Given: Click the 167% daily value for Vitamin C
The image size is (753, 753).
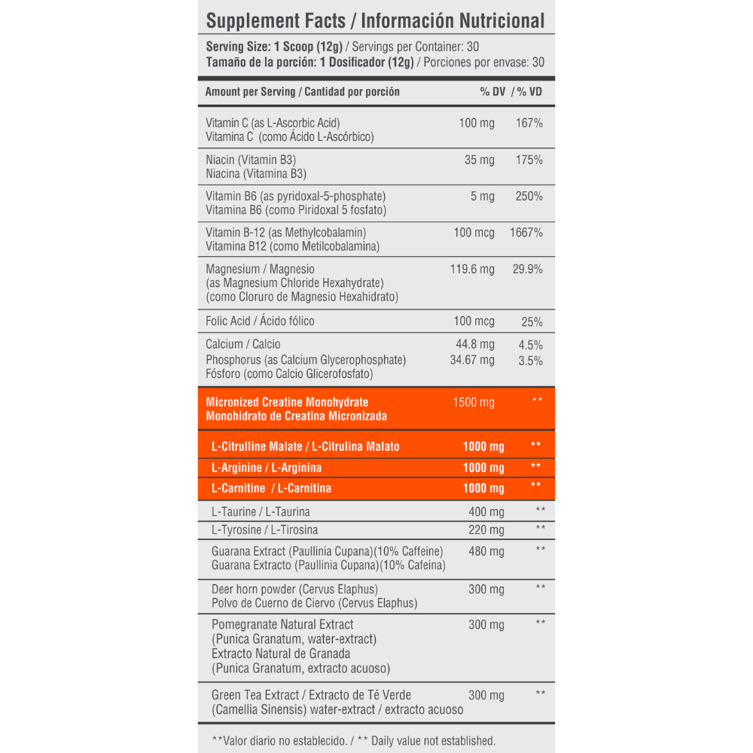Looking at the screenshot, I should pyautogui.click(x=529, y=123).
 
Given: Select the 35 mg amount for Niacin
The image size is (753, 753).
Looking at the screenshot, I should pyautogui.click(x=480, y=160).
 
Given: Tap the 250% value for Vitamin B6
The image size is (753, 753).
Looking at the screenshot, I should pyautogui.click(x=529, y=197).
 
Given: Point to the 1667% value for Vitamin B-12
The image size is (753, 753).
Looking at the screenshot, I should pyautogui.click(x=526, y=233).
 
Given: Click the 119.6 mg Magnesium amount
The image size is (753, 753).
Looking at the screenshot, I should pyautogui.click(x=472, y=269).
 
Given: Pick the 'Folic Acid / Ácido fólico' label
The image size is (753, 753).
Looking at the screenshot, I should pyautogui.click(x=260, y=322).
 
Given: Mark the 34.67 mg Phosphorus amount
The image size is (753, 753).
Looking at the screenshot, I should pyautogui.click(x=472, y=360).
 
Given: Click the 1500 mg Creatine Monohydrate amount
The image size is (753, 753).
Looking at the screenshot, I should pyautogui.click(x=474, y=402).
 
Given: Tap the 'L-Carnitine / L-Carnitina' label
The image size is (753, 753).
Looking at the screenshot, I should pyautogui.click(x=271, y=488).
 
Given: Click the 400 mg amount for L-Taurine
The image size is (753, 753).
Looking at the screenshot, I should pyautogui.click(x=486, y=512).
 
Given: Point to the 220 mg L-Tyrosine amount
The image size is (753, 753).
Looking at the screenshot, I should pyautogui.click(x=486, y=529).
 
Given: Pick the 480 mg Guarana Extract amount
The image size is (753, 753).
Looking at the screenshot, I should pyautogui.click(x=486, y=551).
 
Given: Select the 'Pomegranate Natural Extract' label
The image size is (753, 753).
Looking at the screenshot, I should pyautogui.click(x=282, y=624).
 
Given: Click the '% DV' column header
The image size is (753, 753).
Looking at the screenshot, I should pyautogui.click(x=492, y=92).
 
